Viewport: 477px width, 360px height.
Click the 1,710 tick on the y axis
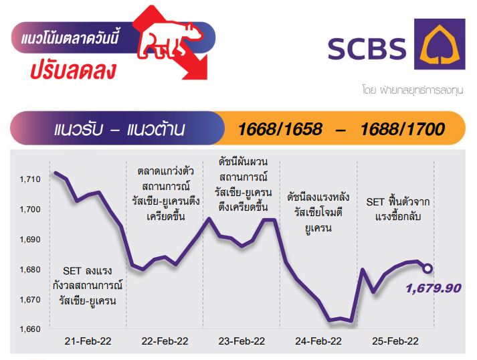[x=30, y=179]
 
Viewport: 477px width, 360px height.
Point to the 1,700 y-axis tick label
[x=30, y=209]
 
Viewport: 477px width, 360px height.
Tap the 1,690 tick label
[x=30, y=240]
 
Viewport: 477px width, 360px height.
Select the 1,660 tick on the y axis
[x=30, y=329]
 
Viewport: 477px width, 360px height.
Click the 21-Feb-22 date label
[x=88, y=341]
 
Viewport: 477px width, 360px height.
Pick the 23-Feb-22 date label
[x=242, y=341]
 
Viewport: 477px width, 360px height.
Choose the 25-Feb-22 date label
[x=395, y=341]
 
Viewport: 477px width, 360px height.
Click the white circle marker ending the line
[x=427, y=268]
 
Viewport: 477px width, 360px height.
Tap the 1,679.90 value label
[x=434, y=288]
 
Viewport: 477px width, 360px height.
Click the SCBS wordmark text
[x=367, y=49]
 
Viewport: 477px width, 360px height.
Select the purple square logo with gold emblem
[x=440, y=44]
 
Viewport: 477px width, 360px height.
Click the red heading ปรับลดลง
[x=74, y=71]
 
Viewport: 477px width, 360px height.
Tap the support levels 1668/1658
[x=280, y=129]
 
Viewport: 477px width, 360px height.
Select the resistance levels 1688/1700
[x=403, y=129]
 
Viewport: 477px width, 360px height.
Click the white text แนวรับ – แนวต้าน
[x=119, y=129]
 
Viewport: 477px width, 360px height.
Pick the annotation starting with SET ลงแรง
[x=88, y=286]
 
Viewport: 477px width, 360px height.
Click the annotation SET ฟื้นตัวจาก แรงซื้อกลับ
[x=398, y=209]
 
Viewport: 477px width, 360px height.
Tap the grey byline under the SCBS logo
[x=413, y=90]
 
